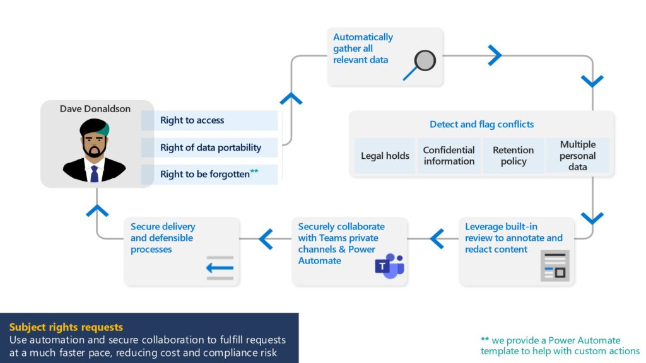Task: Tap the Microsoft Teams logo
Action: coord(389,267)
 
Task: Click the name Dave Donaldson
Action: coord(95,109)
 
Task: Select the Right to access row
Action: coord(209,120)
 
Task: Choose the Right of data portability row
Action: coord(209,147)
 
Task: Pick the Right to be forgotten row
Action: coord(209,174)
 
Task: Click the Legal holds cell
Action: coord(385,156)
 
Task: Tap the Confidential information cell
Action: coord(449,156)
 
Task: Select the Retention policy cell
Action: coord(513,156)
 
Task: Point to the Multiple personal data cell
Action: coord(577,156)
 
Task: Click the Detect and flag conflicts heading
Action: coord(481,124)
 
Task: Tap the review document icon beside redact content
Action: coord(555,265)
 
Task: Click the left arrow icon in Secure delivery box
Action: coord(220,267)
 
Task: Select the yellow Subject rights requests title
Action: coord(66,327)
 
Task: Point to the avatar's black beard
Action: coord(95,151)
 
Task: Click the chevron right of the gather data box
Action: coord(495,55)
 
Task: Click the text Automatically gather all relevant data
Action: coord(363,49)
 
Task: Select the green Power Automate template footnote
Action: coord(560,345)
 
